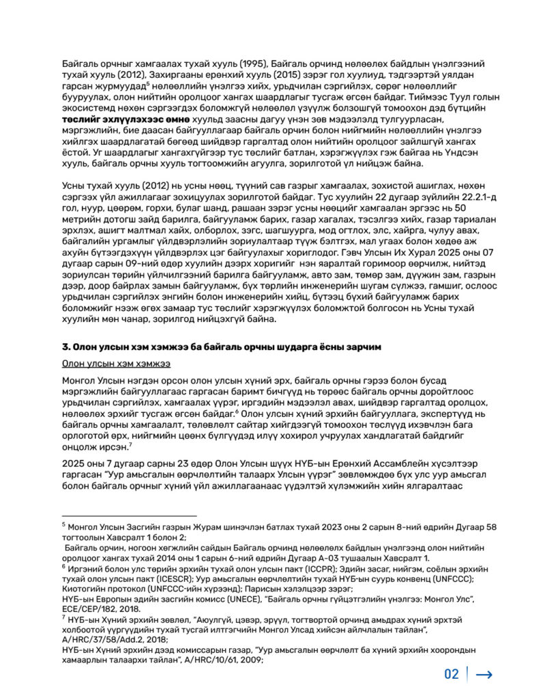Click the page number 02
[x=451, y=674]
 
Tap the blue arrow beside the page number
[x=484, y=675]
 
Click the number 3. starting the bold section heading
[x=66, y=347]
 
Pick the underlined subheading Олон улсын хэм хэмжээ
[x=116, y=364]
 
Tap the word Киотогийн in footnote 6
[x=83, y=589]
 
